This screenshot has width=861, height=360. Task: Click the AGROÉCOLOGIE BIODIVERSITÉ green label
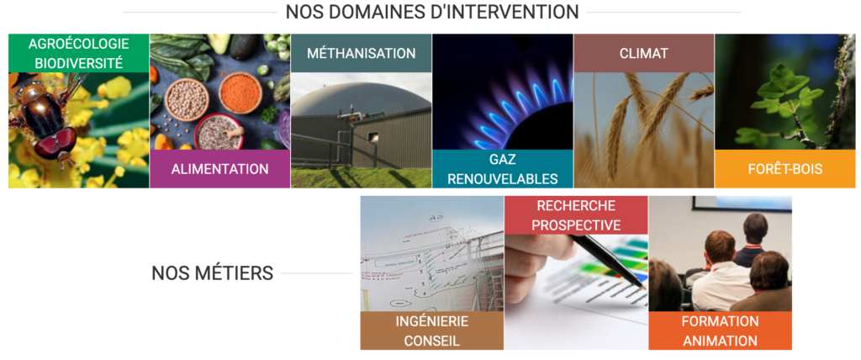pos(78,53)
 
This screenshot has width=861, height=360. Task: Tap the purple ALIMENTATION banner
pos(219,169)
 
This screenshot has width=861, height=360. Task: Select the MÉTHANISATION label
pos(361,53)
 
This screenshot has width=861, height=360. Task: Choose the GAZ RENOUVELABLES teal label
pos(503,169)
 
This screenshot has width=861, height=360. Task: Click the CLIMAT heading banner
pos(643,53)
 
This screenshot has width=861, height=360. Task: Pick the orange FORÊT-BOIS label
pos(784,169)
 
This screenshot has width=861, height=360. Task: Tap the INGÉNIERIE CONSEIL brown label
pos(431,331)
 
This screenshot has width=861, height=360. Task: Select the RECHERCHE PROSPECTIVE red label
pos(576,214)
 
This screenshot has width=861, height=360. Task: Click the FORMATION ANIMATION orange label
pos(720,331)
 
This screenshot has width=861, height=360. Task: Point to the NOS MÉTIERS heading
pos(213,273)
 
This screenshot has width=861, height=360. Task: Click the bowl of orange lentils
pos(240,92)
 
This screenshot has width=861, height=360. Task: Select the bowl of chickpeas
pos(187,99)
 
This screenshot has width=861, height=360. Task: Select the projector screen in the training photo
pos(742,203)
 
